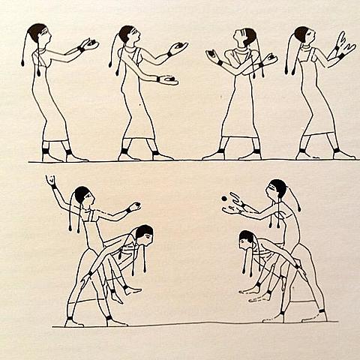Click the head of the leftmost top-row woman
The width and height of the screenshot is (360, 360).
click(x=38, y=33)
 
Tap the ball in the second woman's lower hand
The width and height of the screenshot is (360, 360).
click(x=171, y=78)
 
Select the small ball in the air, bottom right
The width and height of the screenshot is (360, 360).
click(x=223, y=198)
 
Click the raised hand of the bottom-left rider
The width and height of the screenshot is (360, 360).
click(x=51, y=181)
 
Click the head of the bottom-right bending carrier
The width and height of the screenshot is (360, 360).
click(x=246, y=239)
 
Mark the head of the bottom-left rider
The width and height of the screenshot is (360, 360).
click(x=82, y=196)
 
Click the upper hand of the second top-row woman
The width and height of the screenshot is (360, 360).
click(x=178, y=48)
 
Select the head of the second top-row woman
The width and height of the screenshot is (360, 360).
click(x=127, y=34)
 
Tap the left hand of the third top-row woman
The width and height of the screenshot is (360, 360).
click(x=211, y=55)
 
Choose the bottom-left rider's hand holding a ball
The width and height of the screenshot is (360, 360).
click(x=133, y=206)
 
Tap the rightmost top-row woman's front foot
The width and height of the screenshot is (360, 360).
click(x=343, y=155)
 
